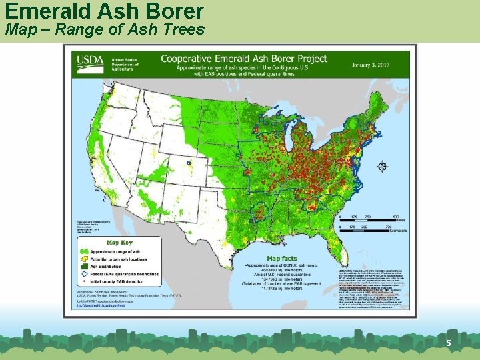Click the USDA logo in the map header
[x=89, y=62]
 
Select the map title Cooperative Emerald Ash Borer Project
[x=244, y=59]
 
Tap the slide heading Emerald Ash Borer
[x=103, y=11]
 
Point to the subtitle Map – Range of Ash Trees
[x=105, y=29]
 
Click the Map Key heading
[x=119, y=243]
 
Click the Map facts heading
[x=282, y=258]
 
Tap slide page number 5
[x=449, y=343]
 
